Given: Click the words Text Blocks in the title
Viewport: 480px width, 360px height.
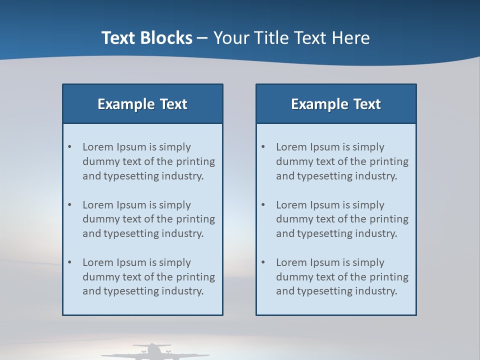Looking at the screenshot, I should pos(146,38).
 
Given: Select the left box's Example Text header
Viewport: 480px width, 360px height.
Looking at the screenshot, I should pos(142,104).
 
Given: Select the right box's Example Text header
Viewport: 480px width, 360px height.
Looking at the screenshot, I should pos(336,104).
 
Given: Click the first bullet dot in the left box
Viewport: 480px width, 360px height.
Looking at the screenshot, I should pos(70,147).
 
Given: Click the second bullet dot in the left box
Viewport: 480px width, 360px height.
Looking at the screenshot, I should pos(70,205).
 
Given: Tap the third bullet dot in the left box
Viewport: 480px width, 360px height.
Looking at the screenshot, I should pos(70,262).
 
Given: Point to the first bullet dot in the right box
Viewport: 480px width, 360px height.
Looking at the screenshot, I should pos(263,147).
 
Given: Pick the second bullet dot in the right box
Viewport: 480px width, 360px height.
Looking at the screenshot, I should pos(263,205).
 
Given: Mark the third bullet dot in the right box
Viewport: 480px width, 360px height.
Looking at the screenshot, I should pos(263,262).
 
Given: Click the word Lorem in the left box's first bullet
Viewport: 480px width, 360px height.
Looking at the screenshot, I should pos(98,147).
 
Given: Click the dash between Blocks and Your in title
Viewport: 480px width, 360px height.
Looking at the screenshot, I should pos(202,38).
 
